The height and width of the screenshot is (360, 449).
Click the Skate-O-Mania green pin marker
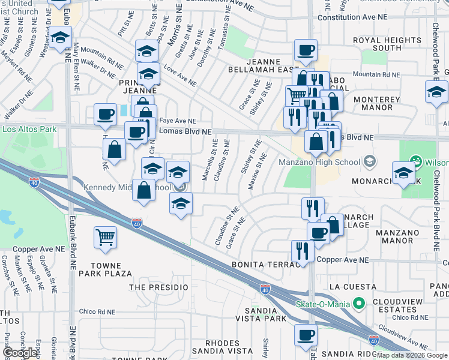point(360,304)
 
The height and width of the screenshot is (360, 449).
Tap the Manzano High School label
point(319,162)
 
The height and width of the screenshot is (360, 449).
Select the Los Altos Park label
point(29,129)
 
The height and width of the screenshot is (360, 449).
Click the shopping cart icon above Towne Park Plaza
point(106,238)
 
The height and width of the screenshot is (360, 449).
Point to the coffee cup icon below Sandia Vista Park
point(307,335)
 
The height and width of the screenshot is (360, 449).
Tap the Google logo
point(20,353)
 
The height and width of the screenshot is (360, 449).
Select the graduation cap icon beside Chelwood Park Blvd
point(436,92)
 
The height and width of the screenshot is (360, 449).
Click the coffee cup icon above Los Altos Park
point(106,114)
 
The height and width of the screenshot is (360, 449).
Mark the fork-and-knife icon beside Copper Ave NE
point(303,251)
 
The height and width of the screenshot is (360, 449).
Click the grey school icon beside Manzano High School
point(370,162)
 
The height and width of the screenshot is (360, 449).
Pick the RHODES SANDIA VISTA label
point(221,347)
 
